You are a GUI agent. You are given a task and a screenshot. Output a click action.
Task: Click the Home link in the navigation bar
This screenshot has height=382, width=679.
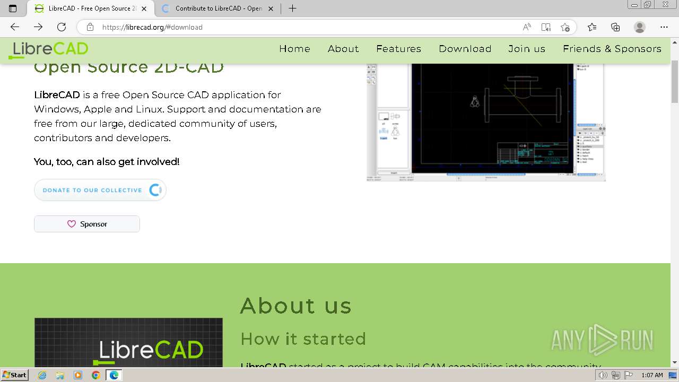click(294, 49)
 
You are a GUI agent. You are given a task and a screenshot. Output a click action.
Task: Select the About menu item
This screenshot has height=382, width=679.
click(343, 49)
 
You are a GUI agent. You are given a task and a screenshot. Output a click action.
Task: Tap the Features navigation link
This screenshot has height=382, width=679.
click(398, 49)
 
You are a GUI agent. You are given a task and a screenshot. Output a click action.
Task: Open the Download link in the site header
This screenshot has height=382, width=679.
click(465, 49)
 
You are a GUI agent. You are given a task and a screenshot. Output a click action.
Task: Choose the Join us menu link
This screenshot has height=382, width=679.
click(526, 49)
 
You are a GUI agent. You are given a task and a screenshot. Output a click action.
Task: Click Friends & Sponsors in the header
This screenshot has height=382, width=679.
click(612, 49)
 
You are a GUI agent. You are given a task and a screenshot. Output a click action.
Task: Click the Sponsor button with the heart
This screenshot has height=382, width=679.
click(87, 224)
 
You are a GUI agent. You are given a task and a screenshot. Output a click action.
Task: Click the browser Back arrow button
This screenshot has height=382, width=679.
click(15, 27)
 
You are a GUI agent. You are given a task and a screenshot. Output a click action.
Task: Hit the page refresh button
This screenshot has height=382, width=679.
click(62, 27)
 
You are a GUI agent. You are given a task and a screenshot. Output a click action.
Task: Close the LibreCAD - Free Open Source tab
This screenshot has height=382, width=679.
click(144, 8)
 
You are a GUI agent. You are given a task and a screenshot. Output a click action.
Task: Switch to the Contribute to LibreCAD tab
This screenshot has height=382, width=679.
click(217, 8)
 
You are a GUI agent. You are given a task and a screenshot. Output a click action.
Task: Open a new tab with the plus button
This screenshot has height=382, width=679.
click(292, 8)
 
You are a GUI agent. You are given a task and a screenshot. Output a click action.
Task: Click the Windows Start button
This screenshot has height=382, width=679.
click(14, 375)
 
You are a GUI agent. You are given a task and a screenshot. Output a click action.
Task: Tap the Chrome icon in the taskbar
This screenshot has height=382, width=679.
click(95, 375)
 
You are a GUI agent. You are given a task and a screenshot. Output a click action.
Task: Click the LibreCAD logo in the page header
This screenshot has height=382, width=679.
click(49, 49)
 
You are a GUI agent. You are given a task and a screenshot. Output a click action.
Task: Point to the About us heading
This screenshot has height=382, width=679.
click(295, 306)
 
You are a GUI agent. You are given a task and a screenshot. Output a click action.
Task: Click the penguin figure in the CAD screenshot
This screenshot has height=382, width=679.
click(475, 101)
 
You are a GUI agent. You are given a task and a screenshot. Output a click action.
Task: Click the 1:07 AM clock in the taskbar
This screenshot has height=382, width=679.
click(652, 375)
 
